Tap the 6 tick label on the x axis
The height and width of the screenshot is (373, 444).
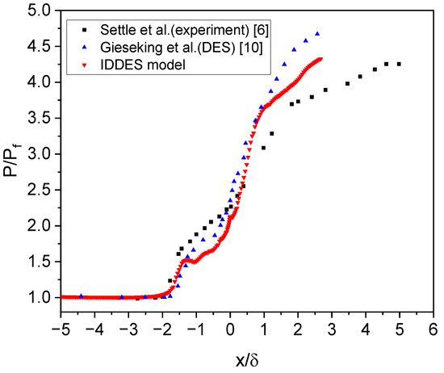434,330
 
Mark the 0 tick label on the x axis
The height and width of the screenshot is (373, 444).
230,330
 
